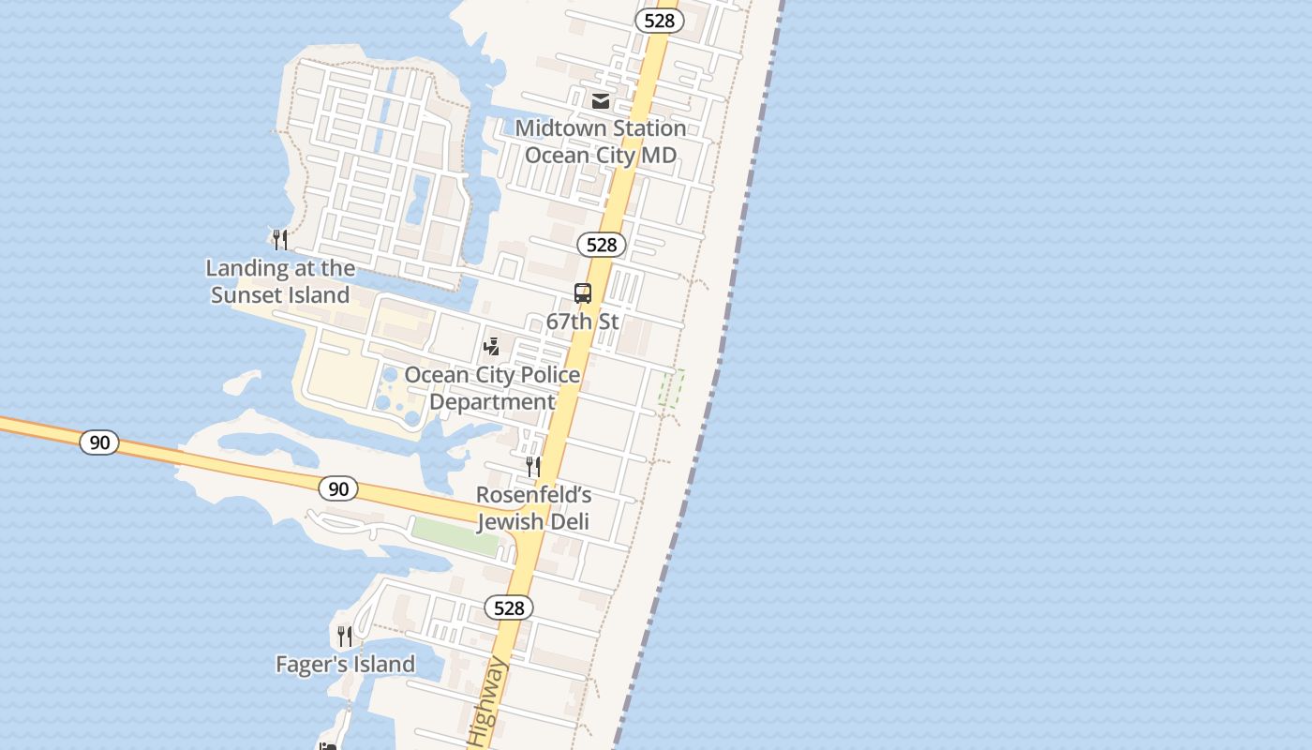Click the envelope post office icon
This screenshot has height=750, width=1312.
(x=601, y=100)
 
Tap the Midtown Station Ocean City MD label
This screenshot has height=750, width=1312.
(x=601, y=142)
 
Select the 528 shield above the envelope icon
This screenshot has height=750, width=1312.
(x=659, y=21)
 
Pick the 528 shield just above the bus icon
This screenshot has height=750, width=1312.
(x=601, y=245)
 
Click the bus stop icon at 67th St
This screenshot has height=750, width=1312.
(x=583, y=293)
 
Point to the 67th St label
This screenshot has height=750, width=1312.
(x=582, y=322)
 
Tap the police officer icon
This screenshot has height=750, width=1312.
(x=491, y=347)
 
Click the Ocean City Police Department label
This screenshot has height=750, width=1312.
(x=492, y=388)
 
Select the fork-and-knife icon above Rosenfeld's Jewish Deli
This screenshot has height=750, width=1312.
(x=533, y=466)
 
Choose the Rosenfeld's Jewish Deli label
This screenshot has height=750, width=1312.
(x=533, y=508)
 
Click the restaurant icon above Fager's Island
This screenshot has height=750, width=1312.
(x=345, y=637)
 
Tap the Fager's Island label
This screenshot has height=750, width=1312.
(x=345, y=665)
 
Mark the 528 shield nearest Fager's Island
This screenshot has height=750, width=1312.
(x=509, y=607)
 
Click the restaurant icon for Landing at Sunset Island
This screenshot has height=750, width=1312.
(x=280, y=240)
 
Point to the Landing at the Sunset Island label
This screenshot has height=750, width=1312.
(x=280, y=281)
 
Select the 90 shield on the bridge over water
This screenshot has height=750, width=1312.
(x=99, y=442)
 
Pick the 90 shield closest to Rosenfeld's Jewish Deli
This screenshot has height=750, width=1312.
(x=338, y=488)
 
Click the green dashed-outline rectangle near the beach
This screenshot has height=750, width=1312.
(x=671, y=388)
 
